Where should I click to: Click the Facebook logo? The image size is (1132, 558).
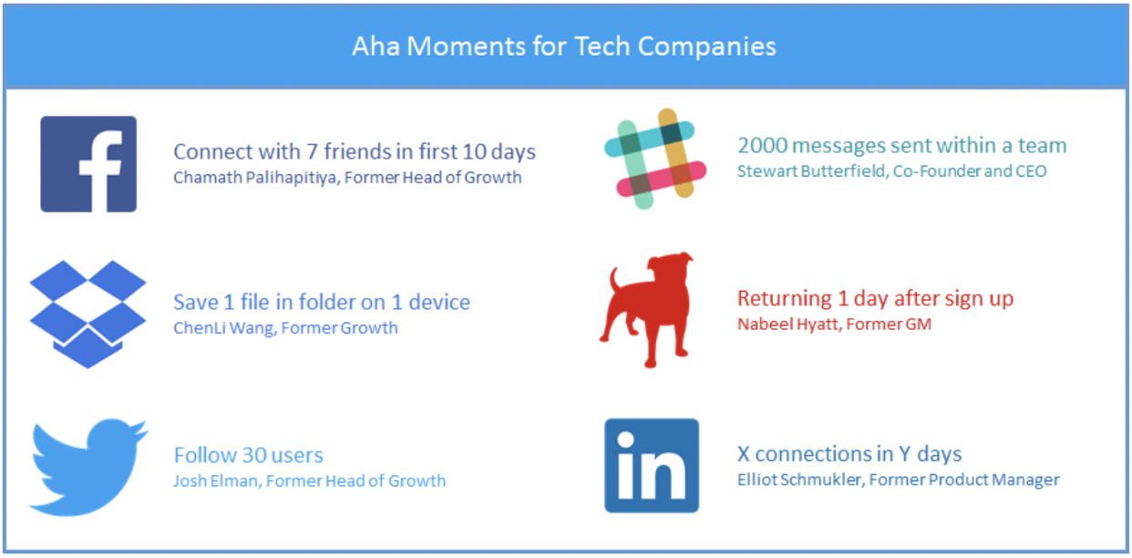pos(88,164)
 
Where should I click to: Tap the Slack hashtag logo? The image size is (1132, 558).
pos(655,159)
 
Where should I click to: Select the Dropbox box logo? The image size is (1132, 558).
pos(87,314)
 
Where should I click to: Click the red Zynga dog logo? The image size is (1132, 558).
pos(646,309)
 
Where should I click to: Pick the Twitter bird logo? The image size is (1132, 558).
pos(88,467)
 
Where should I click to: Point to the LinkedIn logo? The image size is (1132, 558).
pos(652,466)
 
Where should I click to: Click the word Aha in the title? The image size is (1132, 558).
pos(376,46)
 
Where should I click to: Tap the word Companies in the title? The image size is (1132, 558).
pos(706,47)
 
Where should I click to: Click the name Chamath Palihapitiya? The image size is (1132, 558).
pos(255,178)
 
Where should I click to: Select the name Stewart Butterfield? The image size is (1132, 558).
pos(811,171)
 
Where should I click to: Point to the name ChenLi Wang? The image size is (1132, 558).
pos(224,328)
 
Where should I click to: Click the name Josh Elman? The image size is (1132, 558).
pos(217,480)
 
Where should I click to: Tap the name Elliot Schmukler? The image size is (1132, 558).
pos(799,480)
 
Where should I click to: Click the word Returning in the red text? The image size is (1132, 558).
pos(785,299)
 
